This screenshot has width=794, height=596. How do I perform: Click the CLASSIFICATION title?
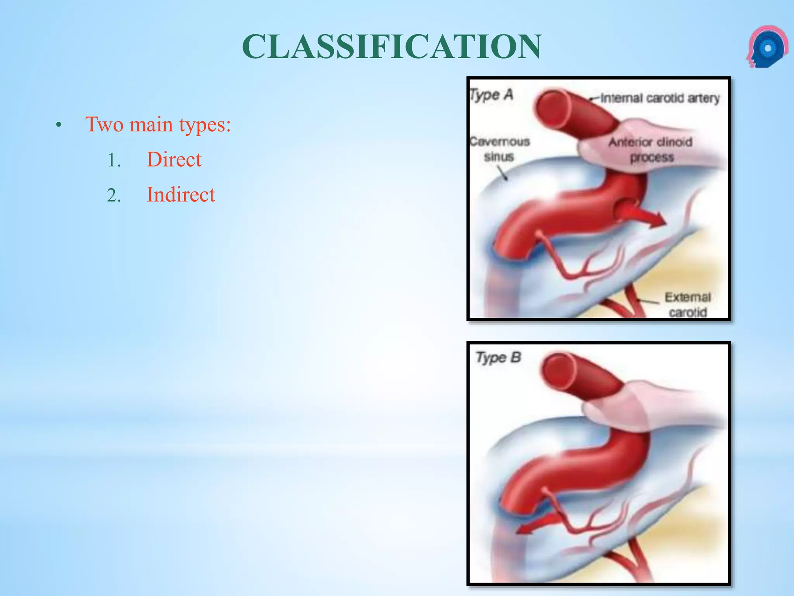(x=392, y=47)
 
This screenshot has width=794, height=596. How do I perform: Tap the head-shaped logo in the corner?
(x=766, y=47)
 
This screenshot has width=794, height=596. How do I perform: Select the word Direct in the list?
(x=174, y=159)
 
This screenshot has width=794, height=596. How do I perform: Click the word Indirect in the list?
(x=181, y=195)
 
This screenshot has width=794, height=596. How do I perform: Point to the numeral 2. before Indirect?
(x=114, y=196)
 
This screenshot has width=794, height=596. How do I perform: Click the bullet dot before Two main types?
(x=59, y=125)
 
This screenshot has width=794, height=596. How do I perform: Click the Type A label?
(x=491, y=95)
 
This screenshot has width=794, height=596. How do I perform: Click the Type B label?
(x=499, y=357)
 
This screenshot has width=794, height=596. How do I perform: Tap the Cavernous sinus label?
(x=499, y=149)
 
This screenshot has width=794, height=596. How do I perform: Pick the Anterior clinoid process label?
(x=651, y=150)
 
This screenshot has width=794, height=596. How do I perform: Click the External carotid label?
(x=687, y=305)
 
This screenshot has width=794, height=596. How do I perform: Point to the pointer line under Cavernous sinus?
(x=502, y=173)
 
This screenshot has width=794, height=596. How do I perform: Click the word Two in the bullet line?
(x=105, y=125)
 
